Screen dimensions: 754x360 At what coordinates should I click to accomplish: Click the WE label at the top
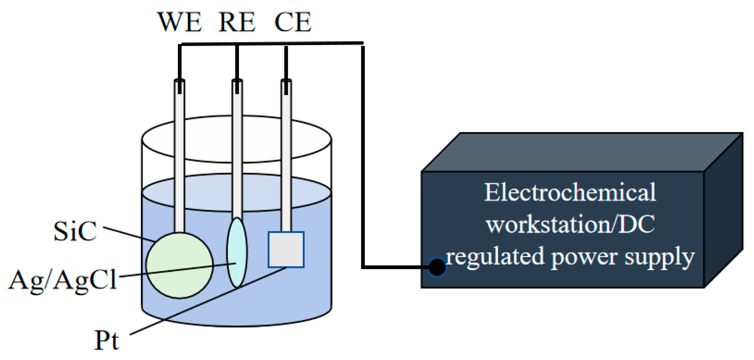[179, 22]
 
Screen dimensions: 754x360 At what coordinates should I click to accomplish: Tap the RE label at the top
[237, 22]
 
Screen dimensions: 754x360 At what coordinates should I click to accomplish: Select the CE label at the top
[293, 22]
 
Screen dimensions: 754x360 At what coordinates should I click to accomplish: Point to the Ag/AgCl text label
[62, 281]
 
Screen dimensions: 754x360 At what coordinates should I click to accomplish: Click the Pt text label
[107, 340]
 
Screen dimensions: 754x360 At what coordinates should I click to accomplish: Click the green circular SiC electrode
[180, 265]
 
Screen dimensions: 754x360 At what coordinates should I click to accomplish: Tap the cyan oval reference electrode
[237, 252]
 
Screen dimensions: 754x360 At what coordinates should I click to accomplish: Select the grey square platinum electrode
[286, 250]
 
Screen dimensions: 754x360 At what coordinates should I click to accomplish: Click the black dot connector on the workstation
[437, 267]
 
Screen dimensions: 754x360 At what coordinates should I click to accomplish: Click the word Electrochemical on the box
[570, 193]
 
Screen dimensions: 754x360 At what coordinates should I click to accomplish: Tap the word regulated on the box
[495, 258]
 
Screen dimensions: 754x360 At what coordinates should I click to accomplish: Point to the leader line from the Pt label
[208, 301]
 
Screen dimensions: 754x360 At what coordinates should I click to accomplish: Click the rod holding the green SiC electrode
[180, 156]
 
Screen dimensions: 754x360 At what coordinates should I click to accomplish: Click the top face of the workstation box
[582, 152]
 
